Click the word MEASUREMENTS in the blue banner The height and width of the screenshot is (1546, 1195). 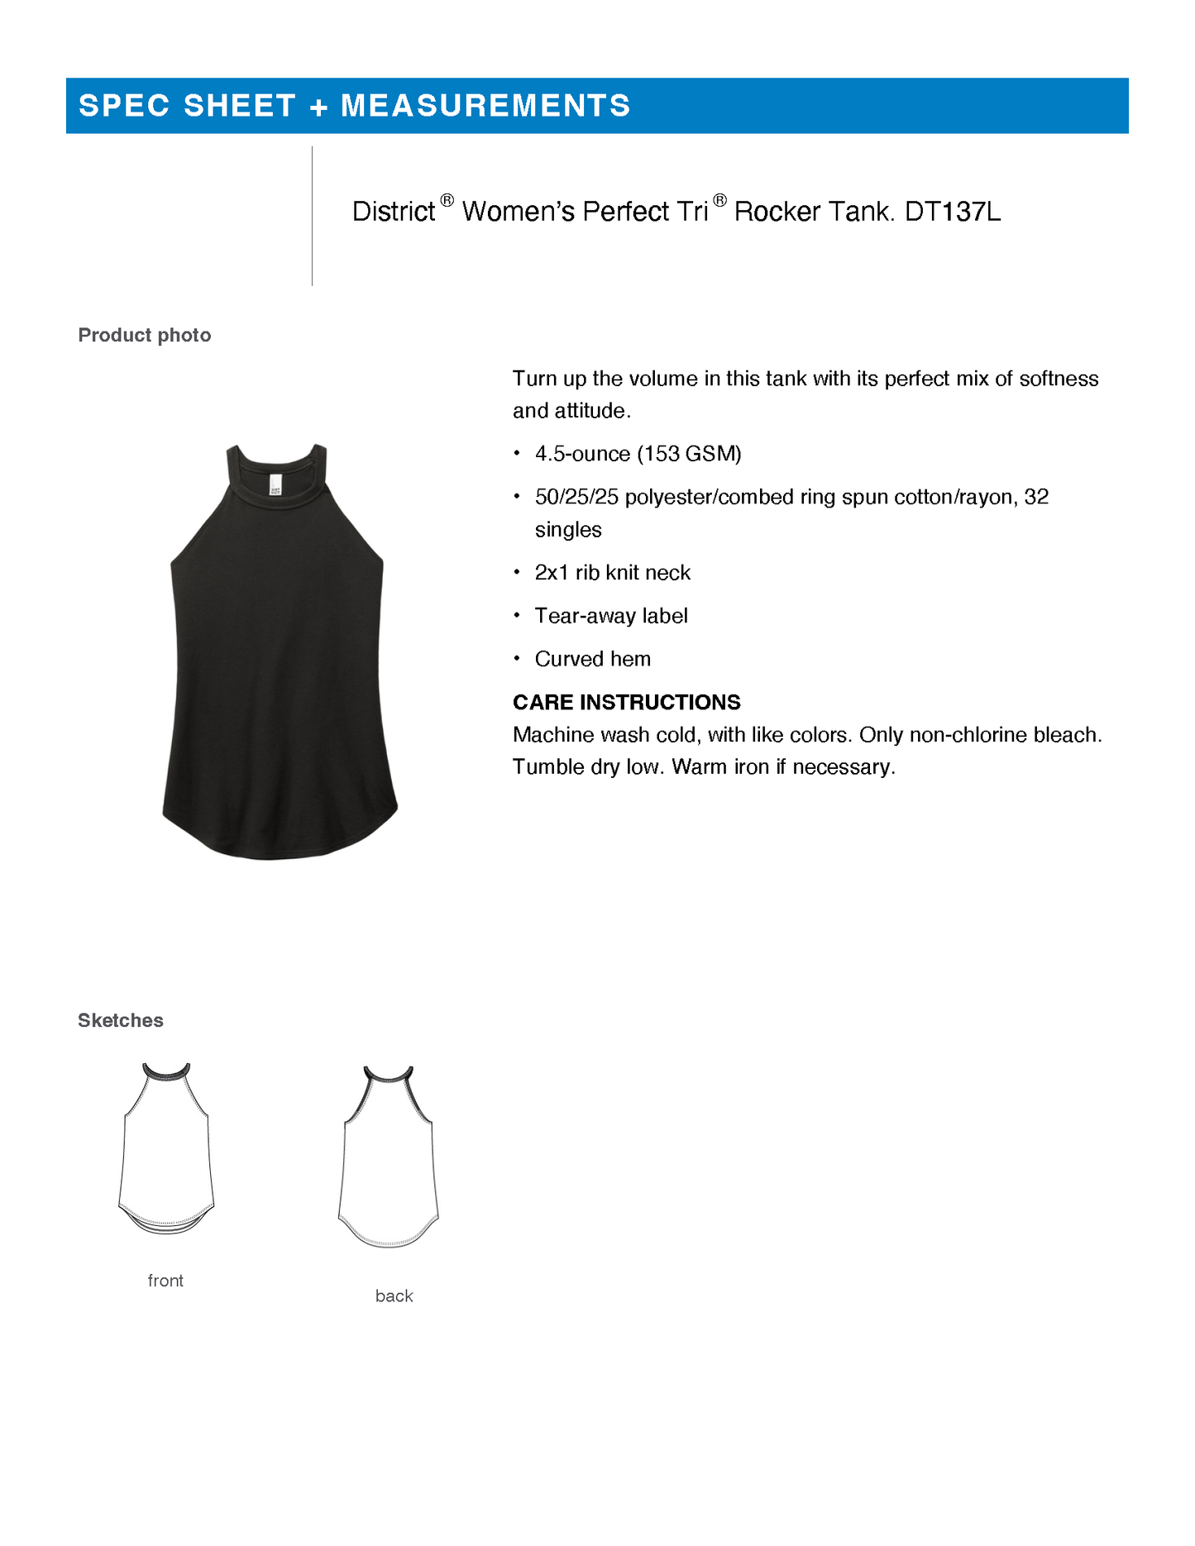click(x=485, y=106)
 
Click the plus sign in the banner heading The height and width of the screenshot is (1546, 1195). click(x=318, y=107)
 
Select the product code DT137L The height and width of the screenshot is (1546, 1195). click(x=953, y=212)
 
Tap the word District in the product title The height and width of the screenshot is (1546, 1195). click(x=394, y=212)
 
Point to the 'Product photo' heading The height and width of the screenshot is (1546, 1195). click(x=145, y=335)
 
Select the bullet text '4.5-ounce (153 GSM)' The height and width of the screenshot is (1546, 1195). click(x=638, y=454)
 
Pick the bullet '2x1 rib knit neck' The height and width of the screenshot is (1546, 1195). click(x=612, y=573)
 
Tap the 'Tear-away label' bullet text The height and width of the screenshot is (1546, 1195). click(x=611, y=616)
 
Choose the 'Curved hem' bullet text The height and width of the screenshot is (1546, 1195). click(x=592, y=659)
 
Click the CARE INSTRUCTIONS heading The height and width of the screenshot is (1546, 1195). click(x=626, y=702)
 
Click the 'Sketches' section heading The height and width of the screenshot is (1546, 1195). click(x=121, y=1020)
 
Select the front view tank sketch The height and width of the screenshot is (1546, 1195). click(x=166, y=1149)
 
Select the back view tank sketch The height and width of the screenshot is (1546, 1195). click(x=388, y=1157)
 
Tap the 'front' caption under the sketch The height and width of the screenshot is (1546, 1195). click(x=165, y=1281)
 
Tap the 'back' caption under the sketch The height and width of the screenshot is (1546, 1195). click(x=394, y=1296)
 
